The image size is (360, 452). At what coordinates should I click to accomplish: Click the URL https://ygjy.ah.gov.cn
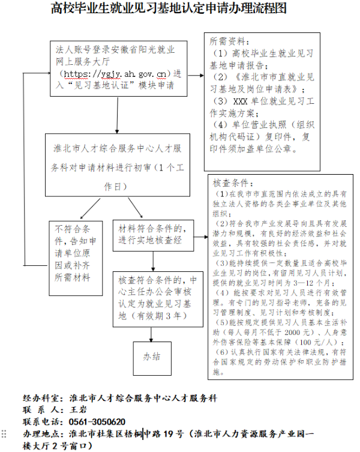pyautogui.click(x=116, y=74)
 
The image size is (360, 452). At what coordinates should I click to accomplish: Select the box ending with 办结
pyautogui.click(x=151, y=357)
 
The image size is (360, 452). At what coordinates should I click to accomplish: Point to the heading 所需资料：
pyautogui.click(x=228, y=42)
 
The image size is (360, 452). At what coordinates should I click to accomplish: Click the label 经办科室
pyautogui.click(x=41, y=399)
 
